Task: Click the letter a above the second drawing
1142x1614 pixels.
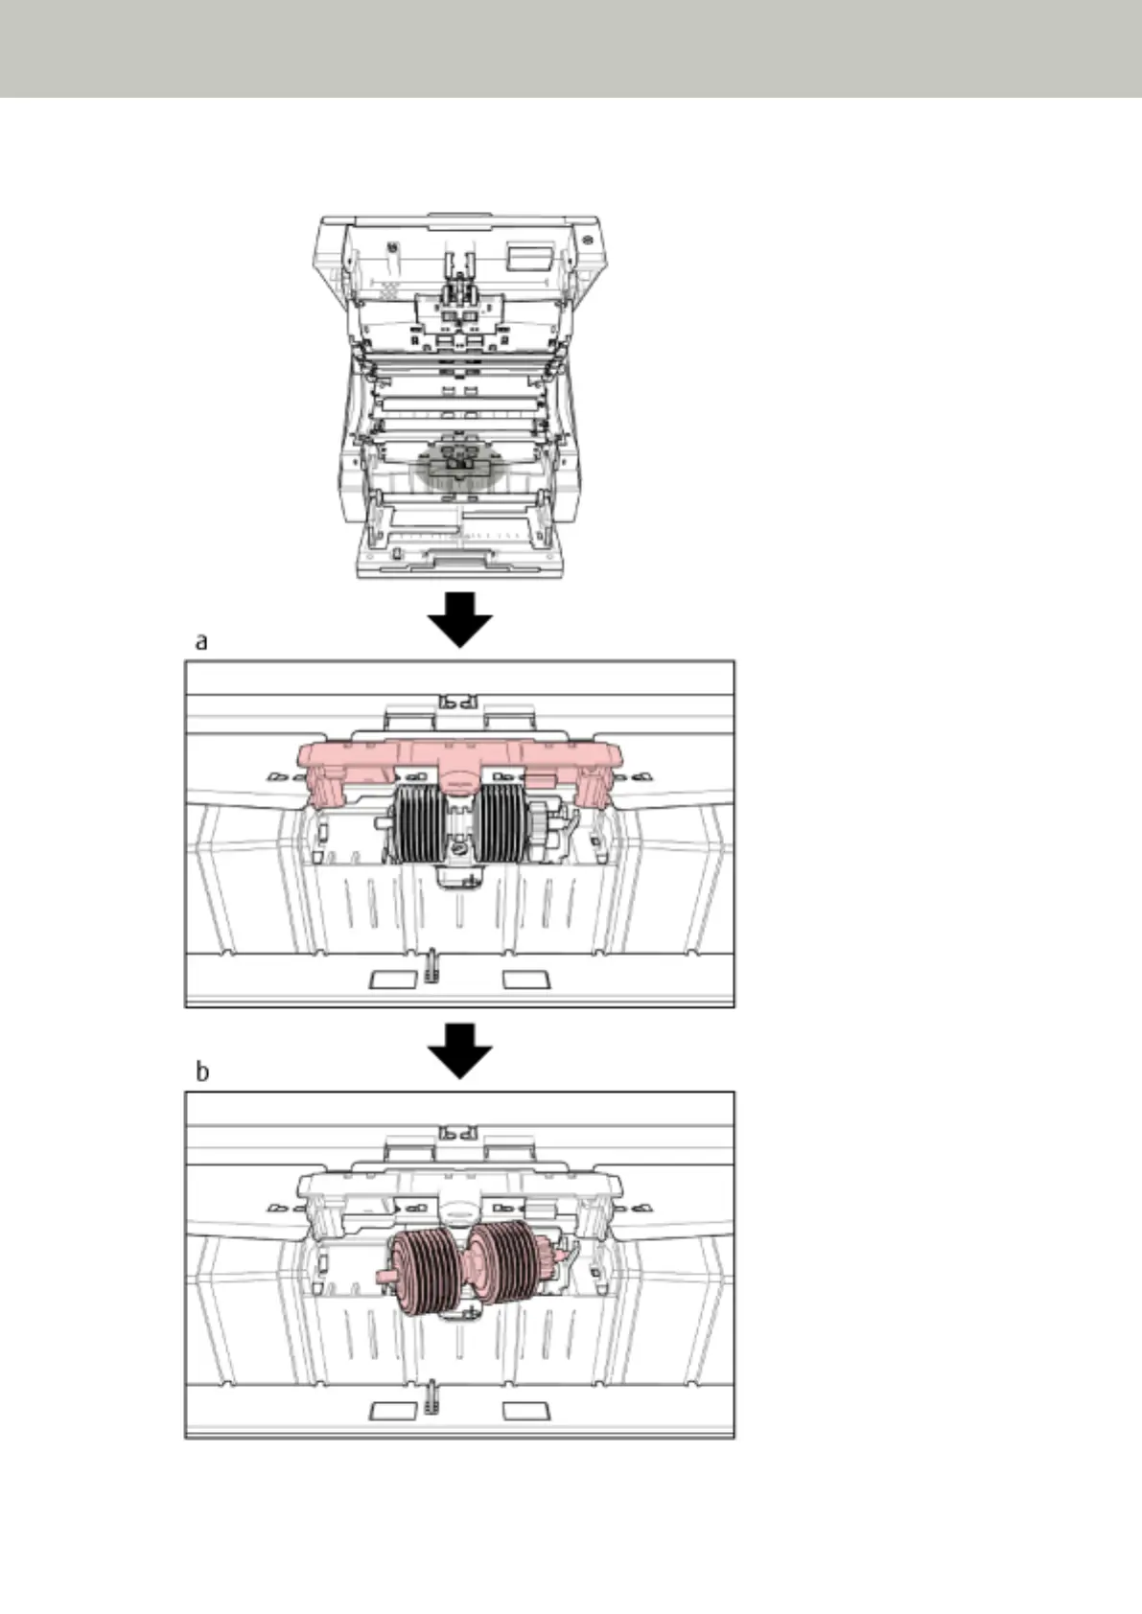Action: click(201, 641)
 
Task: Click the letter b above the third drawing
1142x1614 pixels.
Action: click(202, 1072)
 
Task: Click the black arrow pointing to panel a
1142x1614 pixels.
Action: click(460, 618)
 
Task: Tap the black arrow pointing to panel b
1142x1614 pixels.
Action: click(460, 1049)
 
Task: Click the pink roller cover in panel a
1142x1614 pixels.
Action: click(458, 756)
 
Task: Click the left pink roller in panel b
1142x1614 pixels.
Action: click(422, 1269)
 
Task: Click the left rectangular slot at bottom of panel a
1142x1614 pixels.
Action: click(394, 980)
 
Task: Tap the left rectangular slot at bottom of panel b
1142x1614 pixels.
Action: click(394, 1410)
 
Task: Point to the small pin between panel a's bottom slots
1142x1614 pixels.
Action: click(431, 965)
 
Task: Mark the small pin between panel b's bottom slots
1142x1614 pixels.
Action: click(431, 1395)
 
